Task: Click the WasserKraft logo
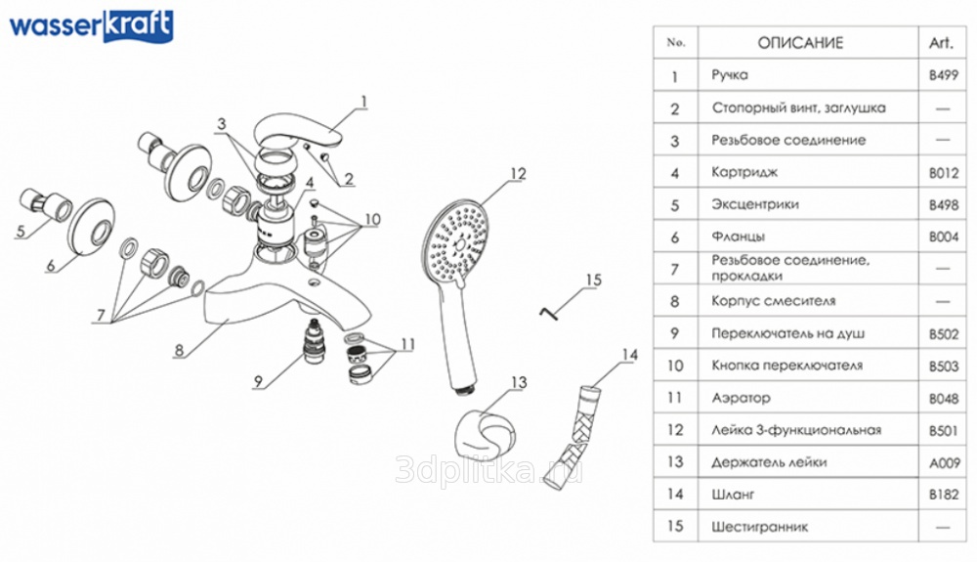coord(91,27)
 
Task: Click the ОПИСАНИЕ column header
coord(800,43)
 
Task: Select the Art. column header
coord(941,43)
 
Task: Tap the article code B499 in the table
coord(944,75)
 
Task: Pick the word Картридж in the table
coord(744,173)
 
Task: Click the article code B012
coord(944,173)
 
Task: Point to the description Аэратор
coord(741,398)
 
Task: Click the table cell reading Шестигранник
coord(759,527)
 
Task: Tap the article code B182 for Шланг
coord(944,495)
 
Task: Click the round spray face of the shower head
coord(458,242)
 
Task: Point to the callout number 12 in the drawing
coord(518,174)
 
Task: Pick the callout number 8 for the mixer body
coord(179,350)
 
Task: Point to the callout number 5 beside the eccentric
coord(21,232)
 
